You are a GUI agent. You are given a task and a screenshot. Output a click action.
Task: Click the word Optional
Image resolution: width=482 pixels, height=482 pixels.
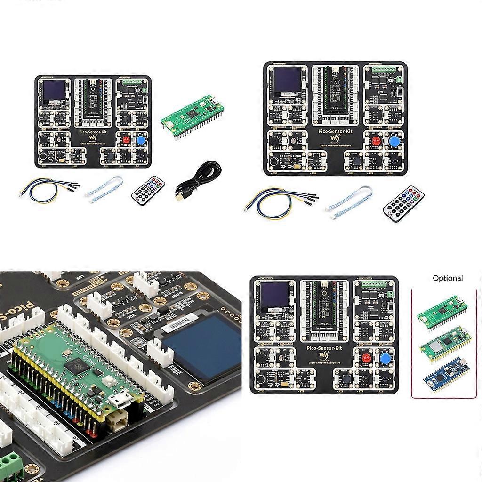448,278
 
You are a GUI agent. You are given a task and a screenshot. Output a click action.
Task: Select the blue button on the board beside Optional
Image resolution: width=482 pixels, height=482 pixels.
385,359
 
